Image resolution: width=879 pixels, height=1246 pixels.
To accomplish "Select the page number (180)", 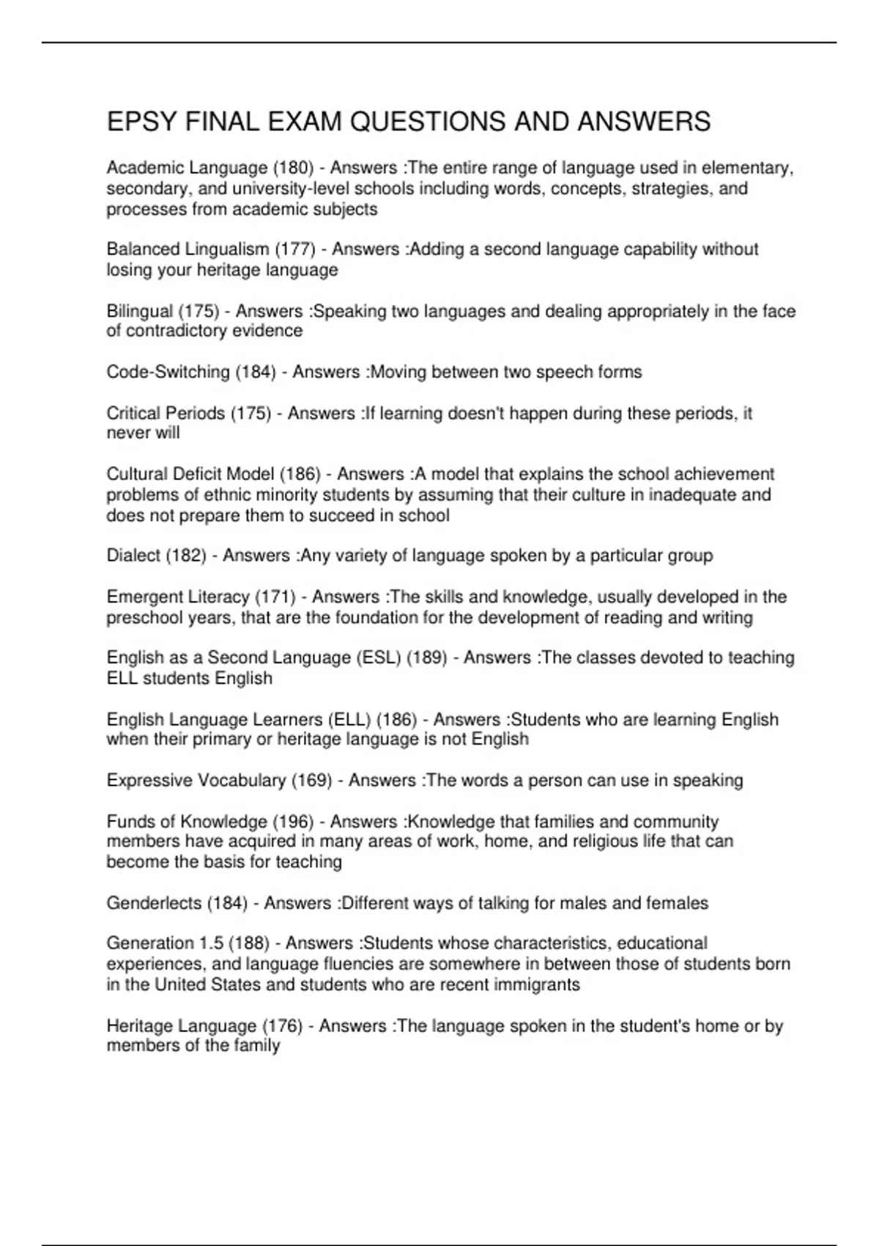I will click(293, 168).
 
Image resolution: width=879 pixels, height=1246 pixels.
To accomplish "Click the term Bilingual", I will click(140, 311).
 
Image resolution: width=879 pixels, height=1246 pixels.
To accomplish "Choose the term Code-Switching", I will click(168, 372).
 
